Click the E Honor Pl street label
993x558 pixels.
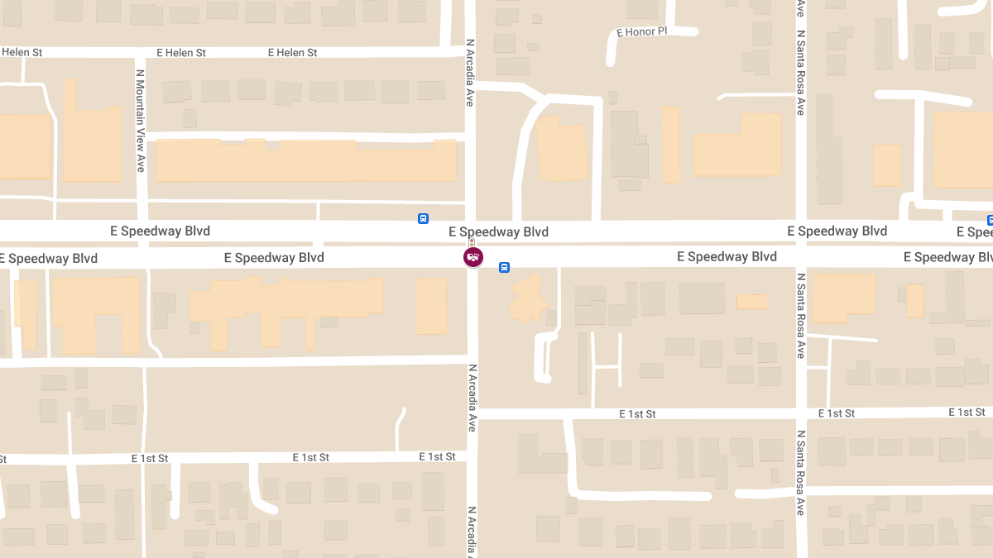tap(641, 32)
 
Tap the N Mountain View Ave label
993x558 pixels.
tap(141, 121)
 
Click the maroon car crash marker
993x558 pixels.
tap(473, 257)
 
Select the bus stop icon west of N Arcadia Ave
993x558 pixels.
tap(423, 219)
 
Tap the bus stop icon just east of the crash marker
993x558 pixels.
tap(504, 267)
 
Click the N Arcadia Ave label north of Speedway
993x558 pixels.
tap(469, 73)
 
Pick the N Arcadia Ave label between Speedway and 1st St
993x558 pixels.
tap(473, 398)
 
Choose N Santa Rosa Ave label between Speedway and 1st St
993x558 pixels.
tap(801, 315)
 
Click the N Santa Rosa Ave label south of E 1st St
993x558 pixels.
tap(801, 472)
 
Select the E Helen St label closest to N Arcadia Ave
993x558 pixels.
tap(292, 53)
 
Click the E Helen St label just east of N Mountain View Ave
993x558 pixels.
tap(181, 53)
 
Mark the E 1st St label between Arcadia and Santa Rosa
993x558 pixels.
tap(637, 413)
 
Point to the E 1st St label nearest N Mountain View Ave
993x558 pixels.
tap(149, 458)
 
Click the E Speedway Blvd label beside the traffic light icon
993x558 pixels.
tap(498, 232)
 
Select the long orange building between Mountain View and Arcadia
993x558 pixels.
tap(305, 160)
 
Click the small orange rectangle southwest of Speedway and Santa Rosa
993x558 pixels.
tap(751, 302)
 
